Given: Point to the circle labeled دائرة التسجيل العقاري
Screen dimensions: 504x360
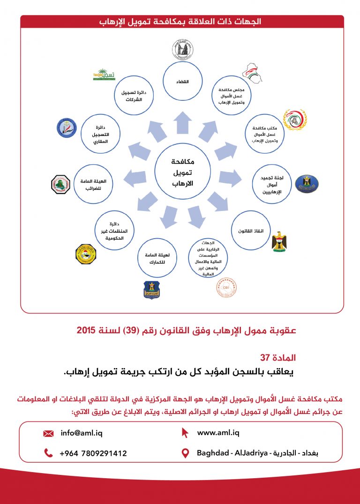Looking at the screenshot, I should click(99, 134).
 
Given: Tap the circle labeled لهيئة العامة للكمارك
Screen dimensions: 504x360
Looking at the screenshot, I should click(157, 259).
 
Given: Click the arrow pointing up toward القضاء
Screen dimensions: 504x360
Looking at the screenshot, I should click(182, 123).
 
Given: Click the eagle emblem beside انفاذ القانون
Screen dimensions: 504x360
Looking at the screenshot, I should click(279, 241).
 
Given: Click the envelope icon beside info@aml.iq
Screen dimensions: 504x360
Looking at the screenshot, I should click(48, 434).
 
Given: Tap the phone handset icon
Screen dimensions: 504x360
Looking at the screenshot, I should click(48, 453).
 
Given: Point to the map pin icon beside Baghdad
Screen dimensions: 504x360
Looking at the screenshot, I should click(185, 453).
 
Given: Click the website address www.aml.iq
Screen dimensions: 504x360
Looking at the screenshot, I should click(218, 433).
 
